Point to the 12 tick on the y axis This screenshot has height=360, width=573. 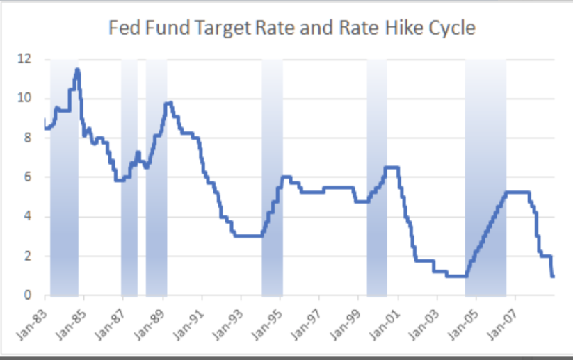[x=25, y=58]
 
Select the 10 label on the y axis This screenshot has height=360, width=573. [x=25, y=98]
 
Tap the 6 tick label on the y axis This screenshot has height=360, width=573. [x=28, y=177]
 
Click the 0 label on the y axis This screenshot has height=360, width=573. [x=28, y=295]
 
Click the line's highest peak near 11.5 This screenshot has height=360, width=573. [x=77, y=69]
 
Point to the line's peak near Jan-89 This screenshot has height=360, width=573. [x=168, y=104]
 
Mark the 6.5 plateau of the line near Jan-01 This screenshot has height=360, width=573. [x=392, y=167]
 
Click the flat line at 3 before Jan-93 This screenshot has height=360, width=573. [x=247, y=236]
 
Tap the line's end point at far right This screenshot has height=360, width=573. [x=553, y=276]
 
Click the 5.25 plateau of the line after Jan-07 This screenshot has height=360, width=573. [x=518, y=192]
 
